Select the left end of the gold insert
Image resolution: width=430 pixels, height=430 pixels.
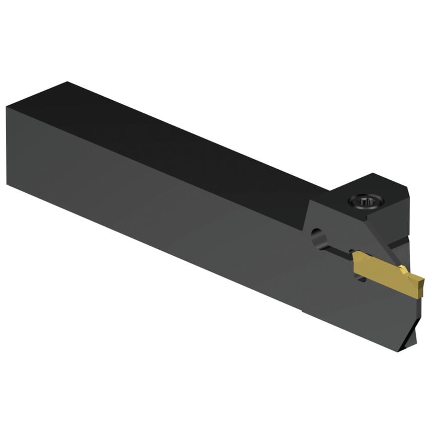pyautogui.click(x=355, y=263)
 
